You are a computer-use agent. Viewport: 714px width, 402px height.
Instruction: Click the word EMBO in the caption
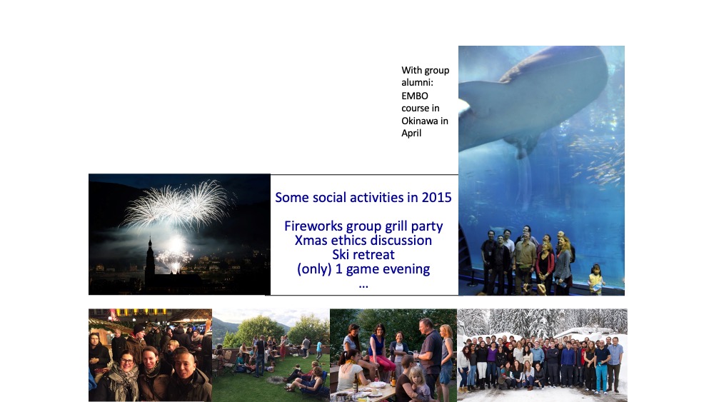(x=414, y=96)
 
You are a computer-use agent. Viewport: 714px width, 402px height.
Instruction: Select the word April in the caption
(x=411, y=134)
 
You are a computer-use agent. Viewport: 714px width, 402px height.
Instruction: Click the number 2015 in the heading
(x=436, y=197)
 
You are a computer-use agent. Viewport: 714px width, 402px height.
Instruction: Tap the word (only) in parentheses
(x=313, y=269)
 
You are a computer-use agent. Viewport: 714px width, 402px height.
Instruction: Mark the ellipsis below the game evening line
(x=363, y=286)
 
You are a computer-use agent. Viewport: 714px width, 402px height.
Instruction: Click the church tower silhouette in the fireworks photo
(x=150, y=261)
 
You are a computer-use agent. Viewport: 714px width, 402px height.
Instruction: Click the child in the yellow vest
(x=595, y=278)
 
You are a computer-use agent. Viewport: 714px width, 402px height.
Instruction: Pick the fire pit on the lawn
(x=275, y=379)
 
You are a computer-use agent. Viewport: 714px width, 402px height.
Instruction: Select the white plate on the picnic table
(x=377, y=385)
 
